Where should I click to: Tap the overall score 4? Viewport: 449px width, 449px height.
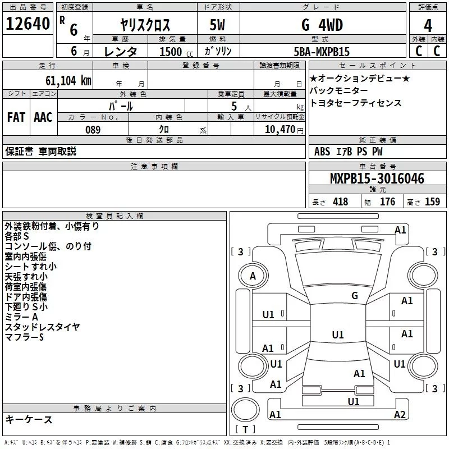coord(428,25)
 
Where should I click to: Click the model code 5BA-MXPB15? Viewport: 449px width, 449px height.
coord(322,52)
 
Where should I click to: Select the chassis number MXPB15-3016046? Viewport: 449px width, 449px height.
coord(377,178)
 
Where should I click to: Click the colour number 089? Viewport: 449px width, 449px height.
coord(93,130)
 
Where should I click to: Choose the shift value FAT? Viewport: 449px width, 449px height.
coord(16,117)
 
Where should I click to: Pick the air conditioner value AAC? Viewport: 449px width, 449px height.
coord(43,117)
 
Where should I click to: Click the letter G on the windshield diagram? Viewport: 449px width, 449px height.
coord(355,296)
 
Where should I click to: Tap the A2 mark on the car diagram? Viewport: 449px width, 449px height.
coord(400,415)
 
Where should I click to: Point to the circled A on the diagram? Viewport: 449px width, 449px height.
coord(253,276)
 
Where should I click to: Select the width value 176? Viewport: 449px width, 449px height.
coord(388,202)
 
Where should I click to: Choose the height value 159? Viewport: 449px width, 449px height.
coord(432,202)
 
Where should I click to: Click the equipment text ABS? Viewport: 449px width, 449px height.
coord(322,152)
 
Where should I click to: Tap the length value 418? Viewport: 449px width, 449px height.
coord(340,202)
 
